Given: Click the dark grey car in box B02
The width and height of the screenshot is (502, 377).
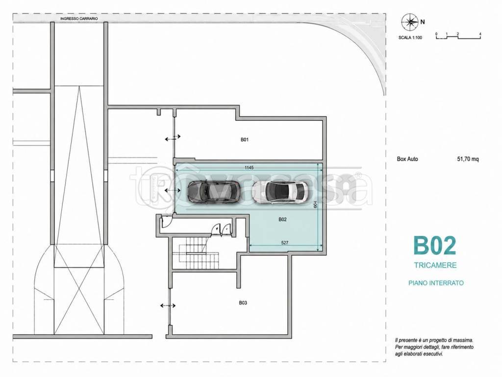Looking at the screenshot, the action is [x=214, y=192].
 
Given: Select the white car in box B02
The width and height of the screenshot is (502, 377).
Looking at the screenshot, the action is [x=280, y=192].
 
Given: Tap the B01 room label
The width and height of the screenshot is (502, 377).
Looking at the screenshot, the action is [x=245, y=139].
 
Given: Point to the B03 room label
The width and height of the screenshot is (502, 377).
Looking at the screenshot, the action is [x=243, y=302].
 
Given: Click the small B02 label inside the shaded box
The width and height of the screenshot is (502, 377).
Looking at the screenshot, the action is [x=282, y=219].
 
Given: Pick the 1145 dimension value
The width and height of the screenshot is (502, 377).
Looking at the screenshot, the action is [x=249, y=168].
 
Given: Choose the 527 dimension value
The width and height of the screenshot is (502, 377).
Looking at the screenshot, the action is [x=285, y=242].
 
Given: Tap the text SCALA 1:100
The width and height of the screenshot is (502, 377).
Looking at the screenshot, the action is [x=410, y=37].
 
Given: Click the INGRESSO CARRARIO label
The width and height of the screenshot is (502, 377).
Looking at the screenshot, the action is [x=79, y=19].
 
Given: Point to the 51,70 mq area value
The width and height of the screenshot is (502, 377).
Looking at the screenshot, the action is [x=468, y=159].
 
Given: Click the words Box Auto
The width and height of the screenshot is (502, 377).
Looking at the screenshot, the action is [x=407, y=159].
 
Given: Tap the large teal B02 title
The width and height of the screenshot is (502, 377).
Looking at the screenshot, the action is [x=434, y=246].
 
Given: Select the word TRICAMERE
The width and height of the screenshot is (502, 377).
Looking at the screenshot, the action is [x=435, y=266].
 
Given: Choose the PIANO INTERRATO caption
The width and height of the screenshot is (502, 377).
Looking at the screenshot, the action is [x=436, y=283].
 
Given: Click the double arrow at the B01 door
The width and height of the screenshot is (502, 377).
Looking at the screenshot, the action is [x=173, y=138].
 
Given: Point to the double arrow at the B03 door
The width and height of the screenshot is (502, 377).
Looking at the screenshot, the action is [x=168, y=305].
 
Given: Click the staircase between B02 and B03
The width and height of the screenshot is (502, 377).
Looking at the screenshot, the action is [x=195, y=253].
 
